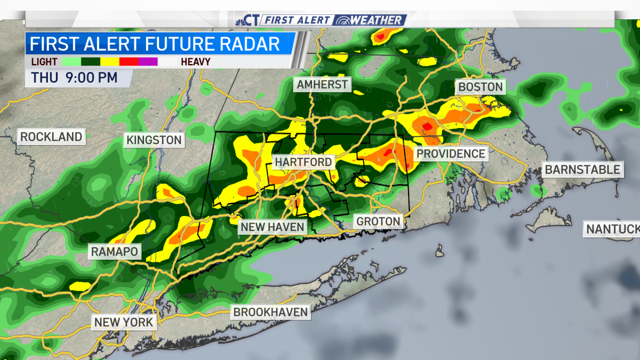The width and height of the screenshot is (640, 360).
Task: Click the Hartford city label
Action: pyautogui.click(x=303, y=162)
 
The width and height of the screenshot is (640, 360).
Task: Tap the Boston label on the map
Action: pyautogui.click(x=480, y=87)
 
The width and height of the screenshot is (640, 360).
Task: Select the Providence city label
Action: pyautogui.click(x=451, y=154)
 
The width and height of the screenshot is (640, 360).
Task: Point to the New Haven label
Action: pyautogui.click(x=272, y=227)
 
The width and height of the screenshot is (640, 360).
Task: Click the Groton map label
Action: pyautogui.click(x=378, y=221)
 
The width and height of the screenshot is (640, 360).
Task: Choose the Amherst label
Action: pyautogui.click(x=322, y=85)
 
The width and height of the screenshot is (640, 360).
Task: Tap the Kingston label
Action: pyautogui.click(x=154, y=140)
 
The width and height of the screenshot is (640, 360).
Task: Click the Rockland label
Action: pyautogui.click(x=51, y=137)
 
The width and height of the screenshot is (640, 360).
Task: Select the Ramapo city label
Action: pyautogui.click(x=115, y=251)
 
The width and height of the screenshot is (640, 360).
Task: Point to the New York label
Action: pyautogui.click(x=124, y=322)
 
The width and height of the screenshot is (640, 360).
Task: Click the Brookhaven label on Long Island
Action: pyautogui.click(x=271, y=312)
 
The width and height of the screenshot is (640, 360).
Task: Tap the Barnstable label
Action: pyautogui.click(x=582, y=170)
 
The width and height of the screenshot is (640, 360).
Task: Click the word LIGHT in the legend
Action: pyautogui.click(x=44, y=61)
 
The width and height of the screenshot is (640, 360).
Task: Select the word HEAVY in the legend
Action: pyautogui.click(x=195, y=61)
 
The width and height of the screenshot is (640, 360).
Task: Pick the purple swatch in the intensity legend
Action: pyautogui.click(x=148, y=61)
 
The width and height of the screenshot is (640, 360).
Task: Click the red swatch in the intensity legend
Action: pyautogui.click(x=129, y=61)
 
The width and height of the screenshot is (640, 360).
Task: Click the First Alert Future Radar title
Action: pyautogui.click(x=155, y=43)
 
